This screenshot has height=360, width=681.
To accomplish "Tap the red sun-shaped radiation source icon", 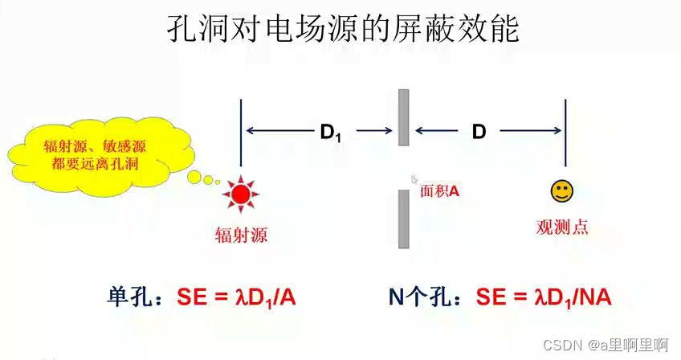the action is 239,194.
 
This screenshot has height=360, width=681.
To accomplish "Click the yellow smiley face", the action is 561,191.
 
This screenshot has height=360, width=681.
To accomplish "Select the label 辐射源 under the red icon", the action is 240,235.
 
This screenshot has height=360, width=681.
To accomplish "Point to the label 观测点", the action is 562,227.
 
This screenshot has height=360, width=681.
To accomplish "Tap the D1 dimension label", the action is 331,132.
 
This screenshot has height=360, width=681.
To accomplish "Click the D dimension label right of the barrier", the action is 479,132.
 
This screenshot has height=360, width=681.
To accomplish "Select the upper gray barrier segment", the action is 404,117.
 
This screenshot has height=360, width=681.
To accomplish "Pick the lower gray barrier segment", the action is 404,219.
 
